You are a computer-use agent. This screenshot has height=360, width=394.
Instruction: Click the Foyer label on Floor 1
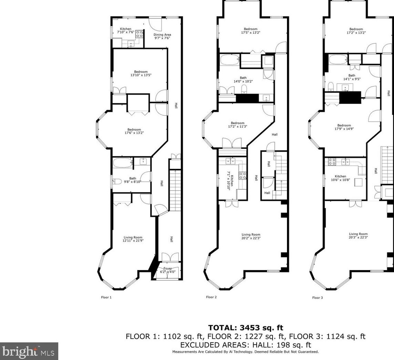(168, 268)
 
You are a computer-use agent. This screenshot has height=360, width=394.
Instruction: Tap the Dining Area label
(162, 35)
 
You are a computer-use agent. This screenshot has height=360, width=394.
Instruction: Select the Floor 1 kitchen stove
(139, 34)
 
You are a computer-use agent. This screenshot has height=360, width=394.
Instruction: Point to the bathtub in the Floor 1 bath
(123, 163)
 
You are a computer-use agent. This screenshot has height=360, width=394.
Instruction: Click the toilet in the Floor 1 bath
(117, 181)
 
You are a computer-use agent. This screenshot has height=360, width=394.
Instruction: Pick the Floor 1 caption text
(106, 297)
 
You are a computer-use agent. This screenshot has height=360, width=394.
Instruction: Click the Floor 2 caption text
(211, 297)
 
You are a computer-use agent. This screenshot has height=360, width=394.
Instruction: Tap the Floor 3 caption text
(318, 298)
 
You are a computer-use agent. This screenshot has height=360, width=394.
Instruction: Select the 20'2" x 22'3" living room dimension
(251, 238)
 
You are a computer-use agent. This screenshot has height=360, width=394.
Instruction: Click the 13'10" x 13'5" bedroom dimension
(141, 75)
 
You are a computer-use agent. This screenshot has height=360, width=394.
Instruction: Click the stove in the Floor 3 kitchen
(332, 161)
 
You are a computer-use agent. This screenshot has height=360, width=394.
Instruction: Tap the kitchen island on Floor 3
(358, 182)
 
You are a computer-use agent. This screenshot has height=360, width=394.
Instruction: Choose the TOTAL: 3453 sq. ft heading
(245, 328)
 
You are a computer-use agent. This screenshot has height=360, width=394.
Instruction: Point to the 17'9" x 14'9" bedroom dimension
(344, 129)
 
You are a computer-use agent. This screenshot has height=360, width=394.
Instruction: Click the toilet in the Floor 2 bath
(244, 89)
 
